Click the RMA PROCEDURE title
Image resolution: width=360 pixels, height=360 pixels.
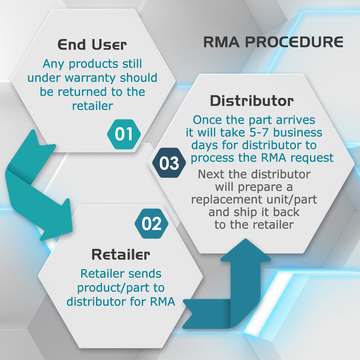click(x=273, y=42)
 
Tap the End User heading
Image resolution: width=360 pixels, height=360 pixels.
click(x=92, y=45)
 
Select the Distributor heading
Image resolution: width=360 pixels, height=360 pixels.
click(x=252, y=101)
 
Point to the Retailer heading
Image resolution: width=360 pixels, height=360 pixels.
click(x=121, y=255)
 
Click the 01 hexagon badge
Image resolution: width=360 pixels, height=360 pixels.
click(x=124, y=134)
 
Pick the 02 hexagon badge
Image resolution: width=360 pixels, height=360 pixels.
click(x=152, y=224)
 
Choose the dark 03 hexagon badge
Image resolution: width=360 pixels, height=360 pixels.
click(x=169, y=163)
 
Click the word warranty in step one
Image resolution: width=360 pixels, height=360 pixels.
click(x=90, y=78)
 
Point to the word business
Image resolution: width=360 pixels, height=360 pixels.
click(x=298, y=132)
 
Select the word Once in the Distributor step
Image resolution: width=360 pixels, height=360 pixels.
click(x=208, y=120)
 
